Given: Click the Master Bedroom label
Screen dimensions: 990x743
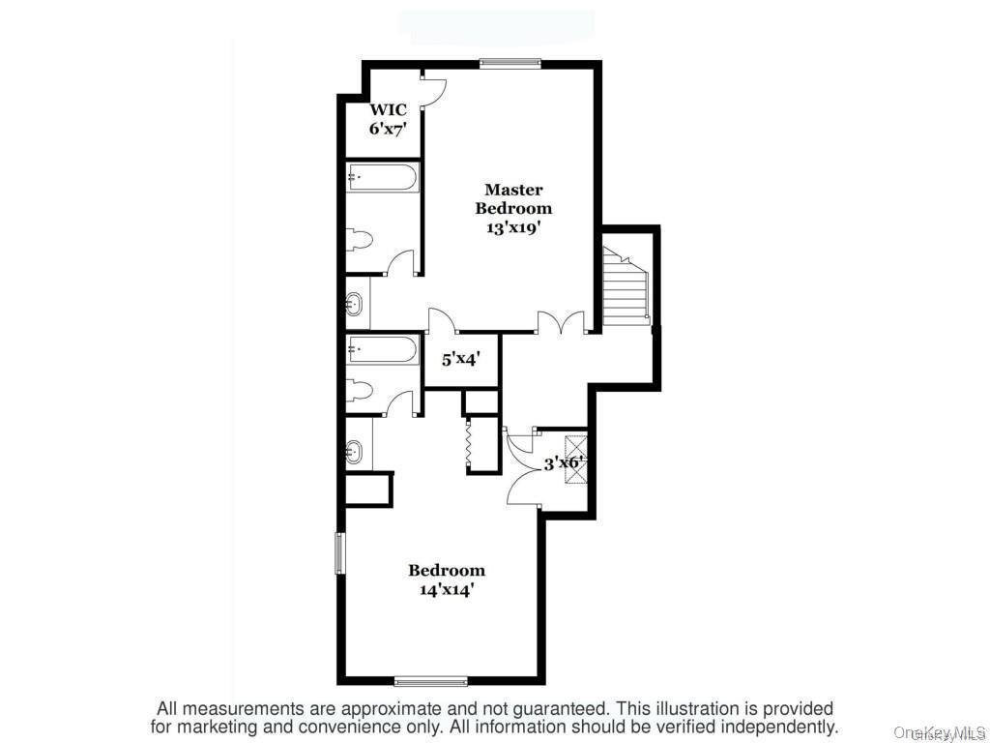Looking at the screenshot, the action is pos(513,199).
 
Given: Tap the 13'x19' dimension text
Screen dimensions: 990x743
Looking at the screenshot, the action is pos(513,228).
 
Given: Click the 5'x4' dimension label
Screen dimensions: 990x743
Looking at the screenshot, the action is pos(461,359).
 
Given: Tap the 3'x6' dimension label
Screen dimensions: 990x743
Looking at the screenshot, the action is pos(562,463).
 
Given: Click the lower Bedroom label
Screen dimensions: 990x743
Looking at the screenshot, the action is pos(446,570).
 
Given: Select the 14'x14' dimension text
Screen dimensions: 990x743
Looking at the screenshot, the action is pos(446,589).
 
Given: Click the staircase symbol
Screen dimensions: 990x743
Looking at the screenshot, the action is pos(626,287).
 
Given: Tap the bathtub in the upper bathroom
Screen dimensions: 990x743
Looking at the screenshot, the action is pos(383,178).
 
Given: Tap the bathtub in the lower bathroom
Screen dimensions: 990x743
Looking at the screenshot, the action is pos(383,348).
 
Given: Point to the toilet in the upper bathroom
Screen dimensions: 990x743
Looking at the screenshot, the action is pos(359,240).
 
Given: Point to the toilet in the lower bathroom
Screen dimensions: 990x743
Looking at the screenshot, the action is pos(359,390).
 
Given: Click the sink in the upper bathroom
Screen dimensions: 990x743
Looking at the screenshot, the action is pos(356,304).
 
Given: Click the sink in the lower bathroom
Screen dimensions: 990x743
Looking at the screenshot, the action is pos(356,451).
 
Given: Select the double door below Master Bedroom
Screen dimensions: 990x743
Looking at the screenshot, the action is pos(562,324).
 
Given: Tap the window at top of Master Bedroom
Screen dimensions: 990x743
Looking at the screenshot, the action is pos(510,65).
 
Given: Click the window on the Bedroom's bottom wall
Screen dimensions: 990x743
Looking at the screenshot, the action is pos(430,681).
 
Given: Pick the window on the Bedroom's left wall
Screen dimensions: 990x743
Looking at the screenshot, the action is pos(339,552).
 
